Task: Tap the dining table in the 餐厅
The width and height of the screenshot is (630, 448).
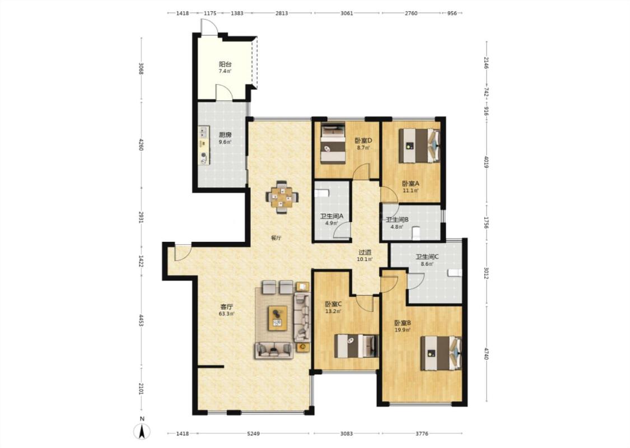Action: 282,197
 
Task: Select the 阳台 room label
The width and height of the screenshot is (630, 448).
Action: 225,64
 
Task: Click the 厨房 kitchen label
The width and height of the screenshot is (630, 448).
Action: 225,135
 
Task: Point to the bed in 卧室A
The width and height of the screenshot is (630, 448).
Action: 419,146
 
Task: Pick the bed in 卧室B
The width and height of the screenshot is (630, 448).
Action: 441,353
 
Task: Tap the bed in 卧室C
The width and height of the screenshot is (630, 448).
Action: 357,346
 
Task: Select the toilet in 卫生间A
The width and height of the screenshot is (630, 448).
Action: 322,193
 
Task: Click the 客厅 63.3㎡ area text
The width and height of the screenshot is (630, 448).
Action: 227,314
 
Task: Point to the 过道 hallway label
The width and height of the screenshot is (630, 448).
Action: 365,253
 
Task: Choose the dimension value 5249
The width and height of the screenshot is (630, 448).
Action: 254,433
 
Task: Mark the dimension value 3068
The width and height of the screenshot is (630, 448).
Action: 141,69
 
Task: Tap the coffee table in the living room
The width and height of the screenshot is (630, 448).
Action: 278,318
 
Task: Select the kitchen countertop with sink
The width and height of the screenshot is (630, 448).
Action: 204,146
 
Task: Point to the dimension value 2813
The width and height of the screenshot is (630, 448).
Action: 282,13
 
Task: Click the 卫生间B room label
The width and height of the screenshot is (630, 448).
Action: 397,220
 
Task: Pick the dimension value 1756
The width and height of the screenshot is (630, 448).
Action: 486,223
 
